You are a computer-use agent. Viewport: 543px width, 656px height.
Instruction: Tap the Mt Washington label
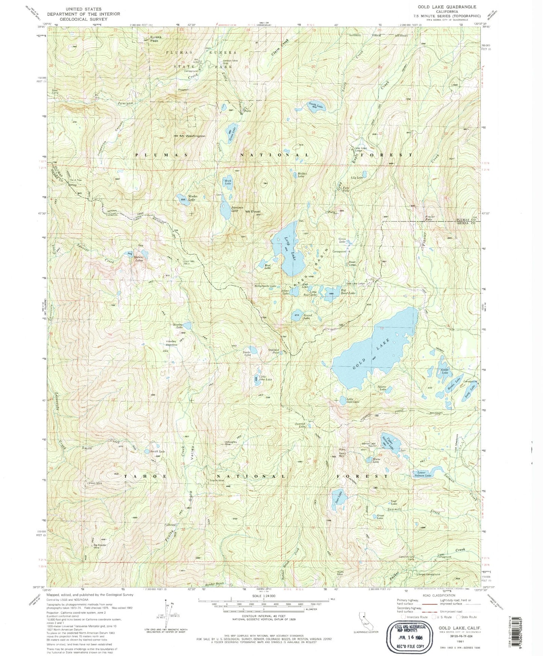192,136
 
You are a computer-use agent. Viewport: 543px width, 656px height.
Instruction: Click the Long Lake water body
289,248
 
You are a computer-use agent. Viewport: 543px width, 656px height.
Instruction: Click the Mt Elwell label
253,211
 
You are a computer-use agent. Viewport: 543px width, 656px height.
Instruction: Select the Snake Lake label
247,353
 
